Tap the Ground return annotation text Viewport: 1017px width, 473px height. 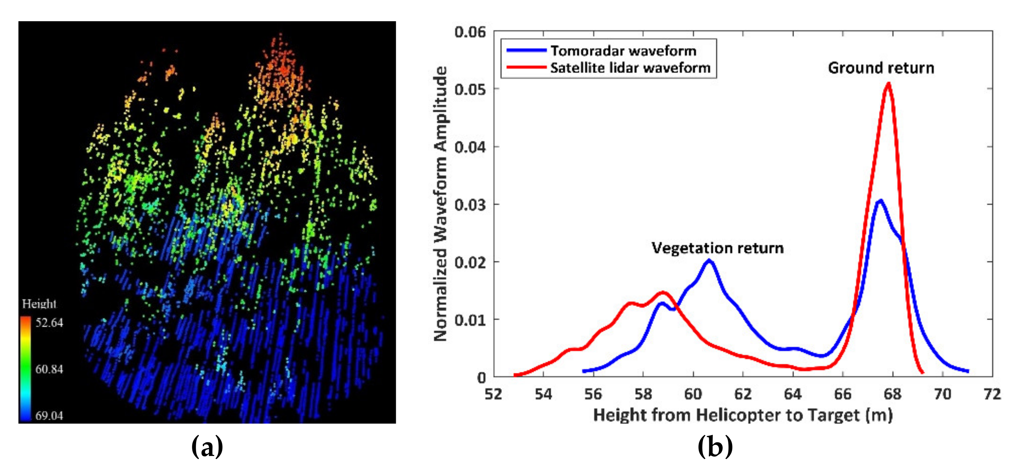pos(881,68)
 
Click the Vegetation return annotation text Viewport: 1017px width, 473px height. pos(717,248)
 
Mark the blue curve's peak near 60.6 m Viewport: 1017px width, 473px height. pos(709,260)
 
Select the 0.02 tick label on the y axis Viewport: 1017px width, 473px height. pos(470,262)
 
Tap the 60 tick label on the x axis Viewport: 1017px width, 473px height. pos(693,394)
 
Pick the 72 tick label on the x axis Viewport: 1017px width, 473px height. pos(992,394)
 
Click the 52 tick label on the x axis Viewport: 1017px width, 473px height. pos(494,394)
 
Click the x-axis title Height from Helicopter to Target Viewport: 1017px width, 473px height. pos(743,415)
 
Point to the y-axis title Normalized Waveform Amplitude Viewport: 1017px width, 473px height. pos(440,204)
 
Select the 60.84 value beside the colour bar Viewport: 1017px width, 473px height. pos(49,369)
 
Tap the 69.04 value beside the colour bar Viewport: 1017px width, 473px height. pos(49,415)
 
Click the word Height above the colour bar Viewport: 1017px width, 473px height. pos(39,304)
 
